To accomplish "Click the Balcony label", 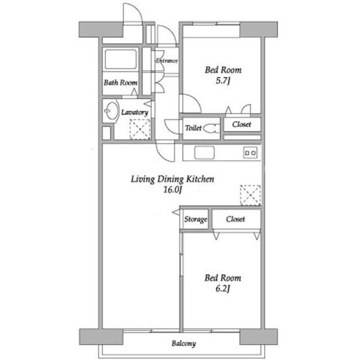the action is (184, 344).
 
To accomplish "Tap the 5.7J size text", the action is (223, 81).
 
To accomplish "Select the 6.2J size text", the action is (223, 289).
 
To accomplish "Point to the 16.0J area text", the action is (173, 190).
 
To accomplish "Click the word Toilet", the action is (193, 128).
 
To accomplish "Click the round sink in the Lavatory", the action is (111, 111).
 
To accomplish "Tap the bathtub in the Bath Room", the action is (121, 59).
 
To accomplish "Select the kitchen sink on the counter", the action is (204, 153).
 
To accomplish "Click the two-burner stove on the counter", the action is (250, 153).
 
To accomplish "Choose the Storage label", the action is (196, 219).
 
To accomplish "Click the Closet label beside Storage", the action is (235, 219).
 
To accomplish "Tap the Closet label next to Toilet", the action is (241, 125).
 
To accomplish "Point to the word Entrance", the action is (167, 61).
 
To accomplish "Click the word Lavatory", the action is (135, 112).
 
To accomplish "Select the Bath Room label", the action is (121, 82).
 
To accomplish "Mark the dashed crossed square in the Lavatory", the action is (140, 130).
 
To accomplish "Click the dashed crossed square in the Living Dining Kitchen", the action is (250, 195).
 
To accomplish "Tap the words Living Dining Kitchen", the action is (173, 179).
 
